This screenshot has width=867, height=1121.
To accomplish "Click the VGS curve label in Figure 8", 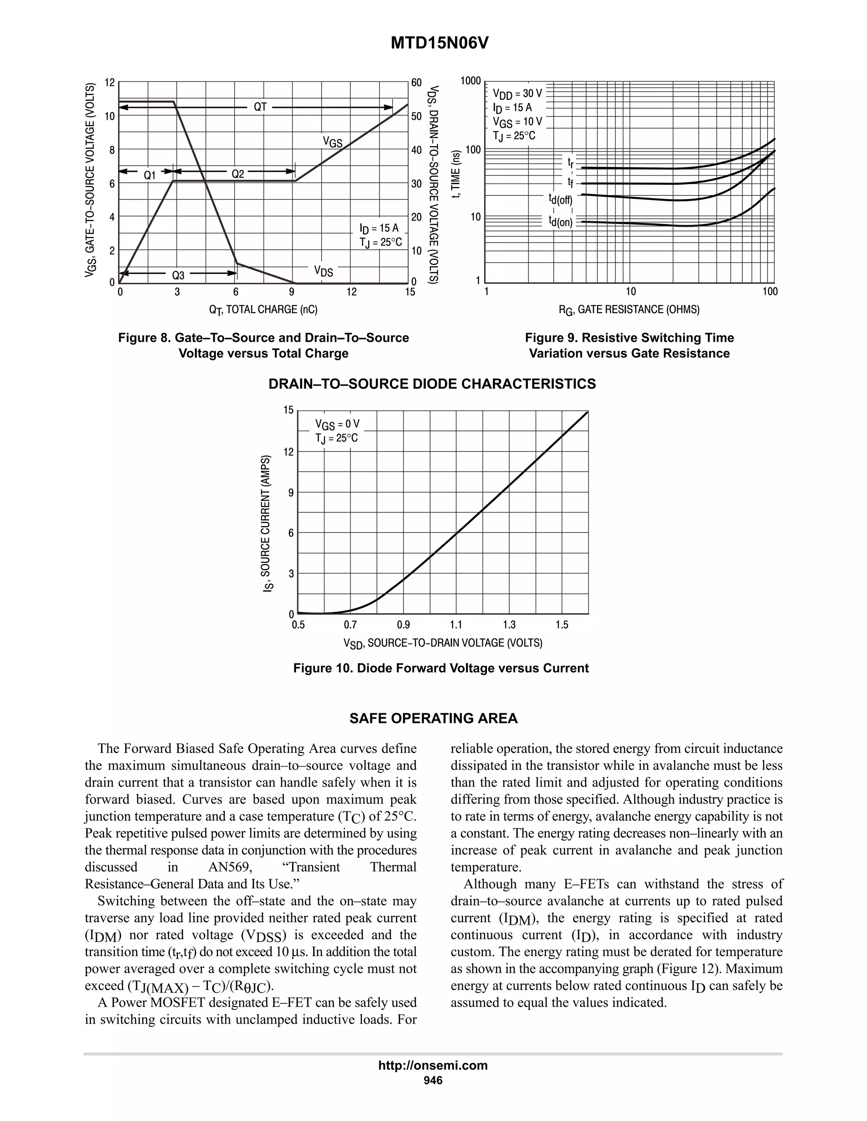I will click(x=332, y=142).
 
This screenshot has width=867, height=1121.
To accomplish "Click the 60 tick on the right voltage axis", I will click(x=417, y=82).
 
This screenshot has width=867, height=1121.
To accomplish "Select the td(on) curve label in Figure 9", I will click(x=561, y=222).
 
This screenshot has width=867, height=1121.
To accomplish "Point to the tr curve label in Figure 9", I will click(x=571, y=163).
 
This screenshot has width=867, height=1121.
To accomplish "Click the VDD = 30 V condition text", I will click(x=517, y=94).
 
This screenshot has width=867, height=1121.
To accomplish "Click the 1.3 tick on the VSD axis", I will click(x=509, y=625).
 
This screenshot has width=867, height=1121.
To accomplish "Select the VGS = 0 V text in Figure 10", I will click(x=337, y=424).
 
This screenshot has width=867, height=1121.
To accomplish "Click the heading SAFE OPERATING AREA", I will click(x=433, y=719).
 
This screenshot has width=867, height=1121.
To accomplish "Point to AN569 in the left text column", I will click(x=230, y=868).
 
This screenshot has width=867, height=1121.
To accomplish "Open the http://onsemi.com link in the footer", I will click(x=433, y=1065).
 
